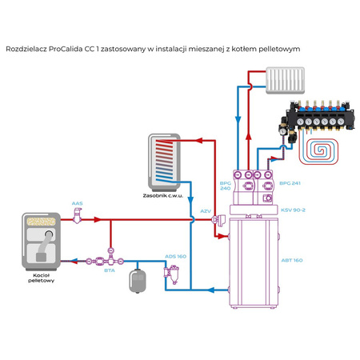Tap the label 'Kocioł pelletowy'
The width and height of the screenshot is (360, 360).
[40, 278]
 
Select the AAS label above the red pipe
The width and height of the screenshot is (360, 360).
[77, 203]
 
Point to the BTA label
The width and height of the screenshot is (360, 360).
[109, 270]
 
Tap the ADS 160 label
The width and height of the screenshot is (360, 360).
[175, 256]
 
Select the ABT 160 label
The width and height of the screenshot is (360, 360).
[292, 259]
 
